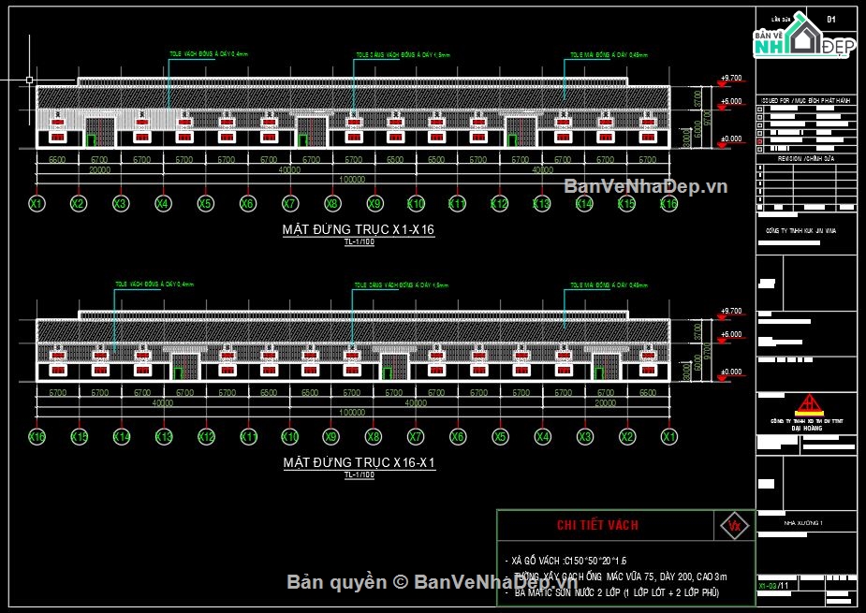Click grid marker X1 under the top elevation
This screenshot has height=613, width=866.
[37, 203]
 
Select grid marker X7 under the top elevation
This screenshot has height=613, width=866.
[289, 203]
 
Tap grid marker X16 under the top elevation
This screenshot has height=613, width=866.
[668, 203]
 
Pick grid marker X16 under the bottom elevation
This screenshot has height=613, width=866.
[37, 436]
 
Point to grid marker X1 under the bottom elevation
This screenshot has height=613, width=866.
[668, 436]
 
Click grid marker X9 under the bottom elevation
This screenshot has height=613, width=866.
[331, 436]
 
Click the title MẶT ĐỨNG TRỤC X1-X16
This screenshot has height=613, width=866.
[359, 229]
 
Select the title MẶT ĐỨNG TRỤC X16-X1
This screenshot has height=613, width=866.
[359, 462]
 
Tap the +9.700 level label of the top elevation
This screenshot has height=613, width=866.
[730, 78]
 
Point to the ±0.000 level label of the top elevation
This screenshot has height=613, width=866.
[730, 139]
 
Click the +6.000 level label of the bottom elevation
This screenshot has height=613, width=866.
[730, 334]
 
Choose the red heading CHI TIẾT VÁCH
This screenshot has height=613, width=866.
[597, 525]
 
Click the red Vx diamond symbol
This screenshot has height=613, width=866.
[733, 525]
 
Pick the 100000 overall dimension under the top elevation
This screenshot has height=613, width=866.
[352, 178]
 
